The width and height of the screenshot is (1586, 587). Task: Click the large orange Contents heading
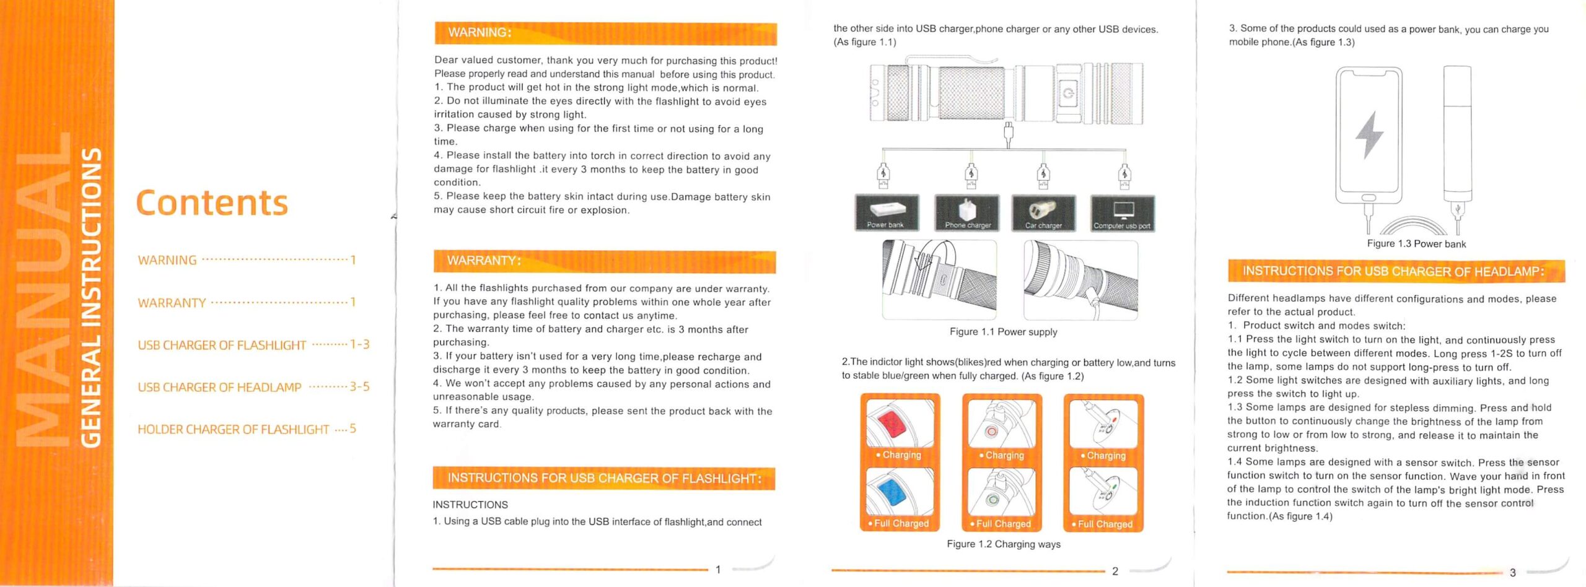pyautogui.click(x=212, y=202)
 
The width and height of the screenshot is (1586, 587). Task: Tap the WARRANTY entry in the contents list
pyautogui.click(x=172, y=303)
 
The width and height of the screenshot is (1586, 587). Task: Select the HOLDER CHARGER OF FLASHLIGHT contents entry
pyautogui.click(x=233, y=429)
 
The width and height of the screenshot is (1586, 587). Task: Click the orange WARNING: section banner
pyautogui.click(x=605, y=33)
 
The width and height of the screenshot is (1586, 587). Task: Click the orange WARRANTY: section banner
pyautogui.click(x=604, y=261)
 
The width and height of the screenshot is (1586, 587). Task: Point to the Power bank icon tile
pyautogui.click(x=886, y=212)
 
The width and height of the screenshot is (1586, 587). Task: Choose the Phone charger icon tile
pyautogui.click(x=967, y=213)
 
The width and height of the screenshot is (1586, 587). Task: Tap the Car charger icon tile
pyautogui.click(x=1043, y=213)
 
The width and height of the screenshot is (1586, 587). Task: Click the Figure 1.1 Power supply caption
pyautogui.click(x=1003, y=332)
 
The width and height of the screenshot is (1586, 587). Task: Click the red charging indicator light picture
pyautogui.click(x=900, y=424)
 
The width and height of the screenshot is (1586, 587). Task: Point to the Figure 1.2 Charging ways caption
pyautogui.click(x=1003, y=544)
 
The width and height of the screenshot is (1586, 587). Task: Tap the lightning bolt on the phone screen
pyautogui.click(x=1369, y=134)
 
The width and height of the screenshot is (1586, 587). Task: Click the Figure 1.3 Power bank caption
pyautogui.click(x=1416, y=244)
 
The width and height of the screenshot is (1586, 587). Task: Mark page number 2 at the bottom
pyautogui.click(x=1115, y=571)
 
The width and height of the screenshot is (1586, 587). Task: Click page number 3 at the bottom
pyautogui.click(x=1512, y=572)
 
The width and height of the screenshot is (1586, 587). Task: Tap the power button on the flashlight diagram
pyautogui.click(x=1068, y=93)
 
